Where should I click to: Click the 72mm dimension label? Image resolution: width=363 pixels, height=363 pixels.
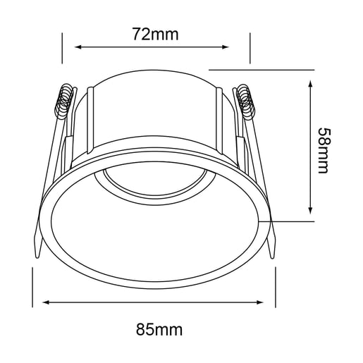pos(156,35)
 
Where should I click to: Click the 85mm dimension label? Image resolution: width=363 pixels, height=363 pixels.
pos(159,330)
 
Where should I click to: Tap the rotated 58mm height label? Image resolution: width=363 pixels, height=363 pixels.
pos(324,151)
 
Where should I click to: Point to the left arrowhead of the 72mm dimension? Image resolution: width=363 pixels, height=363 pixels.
pos(78,47)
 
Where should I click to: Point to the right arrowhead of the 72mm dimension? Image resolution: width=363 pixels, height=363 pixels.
pos(226,47)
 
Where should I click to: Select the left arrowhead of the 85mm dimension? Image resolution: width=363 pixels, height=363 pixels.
pos(46,302)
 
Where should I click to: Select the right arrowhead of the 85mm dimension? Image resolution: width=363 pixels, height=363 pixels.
pos(260,302)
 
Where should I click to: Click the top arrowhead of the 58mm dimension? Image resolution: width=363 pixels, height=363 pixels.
pos(311,84)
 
